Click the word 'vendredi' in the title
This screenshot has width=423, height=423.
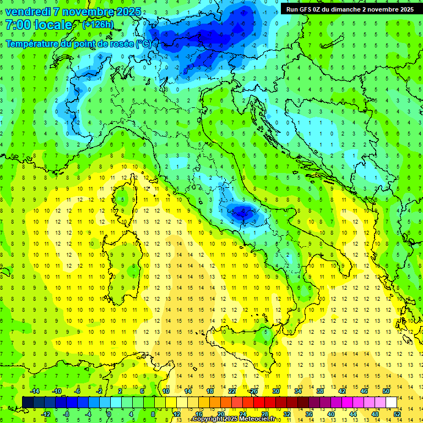click(28, 12)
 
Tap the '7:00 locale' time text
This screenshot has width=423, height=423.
click(39, 25)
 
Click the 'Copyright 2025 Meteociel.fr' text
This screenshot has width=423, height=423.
click(234, 419)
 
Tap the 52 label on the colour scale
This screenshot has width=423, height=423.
click(397, 414)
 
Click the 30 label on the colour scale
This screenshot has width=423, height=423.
click(276, 391)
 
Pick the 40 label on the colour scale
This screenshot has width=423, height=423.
click(330, 414)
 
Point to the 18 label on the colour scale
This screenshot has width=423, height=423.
click(210, 391)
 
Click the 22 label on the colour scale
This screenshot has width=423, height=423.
click(232, 391)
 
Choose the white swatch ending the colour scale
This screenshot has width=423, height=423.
click(391, 402)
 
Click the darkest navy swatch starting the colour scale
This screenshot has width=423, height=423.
click(28, 402)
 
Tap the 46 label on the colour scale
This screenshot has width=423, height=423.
click(364, 391)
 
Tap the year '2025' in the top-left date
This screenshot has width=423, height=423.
click(127, 12)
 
